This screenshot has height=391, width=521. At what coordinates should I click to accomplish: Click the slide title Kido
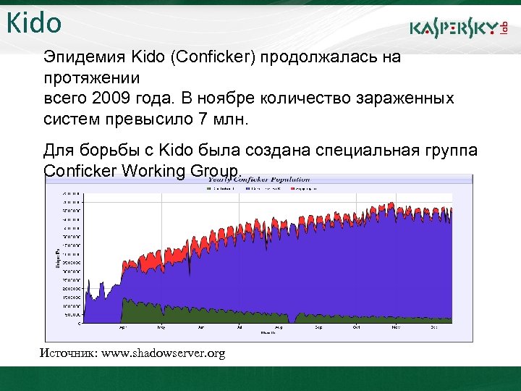pyautogui.click(x=34, y=23)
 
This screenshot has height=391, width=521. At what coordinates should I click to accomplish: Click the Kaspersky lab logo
pyautogui.click(x=457, y=28)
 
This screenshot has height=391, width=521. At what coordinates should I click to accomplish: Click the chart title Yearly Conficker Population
pyautogui.click(x=259, y=179)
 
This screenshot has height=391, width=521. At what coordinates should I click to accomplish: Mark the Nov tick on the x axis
pyautogui.click(x=396, y=327)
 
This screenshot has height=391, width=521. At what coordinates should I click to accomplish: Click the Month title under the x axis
pyautogui.click(x=267, y=333)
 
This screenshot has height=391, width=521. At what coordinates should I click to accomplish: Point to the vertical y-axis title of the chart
pyautogui.click(x=57, y=256)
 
